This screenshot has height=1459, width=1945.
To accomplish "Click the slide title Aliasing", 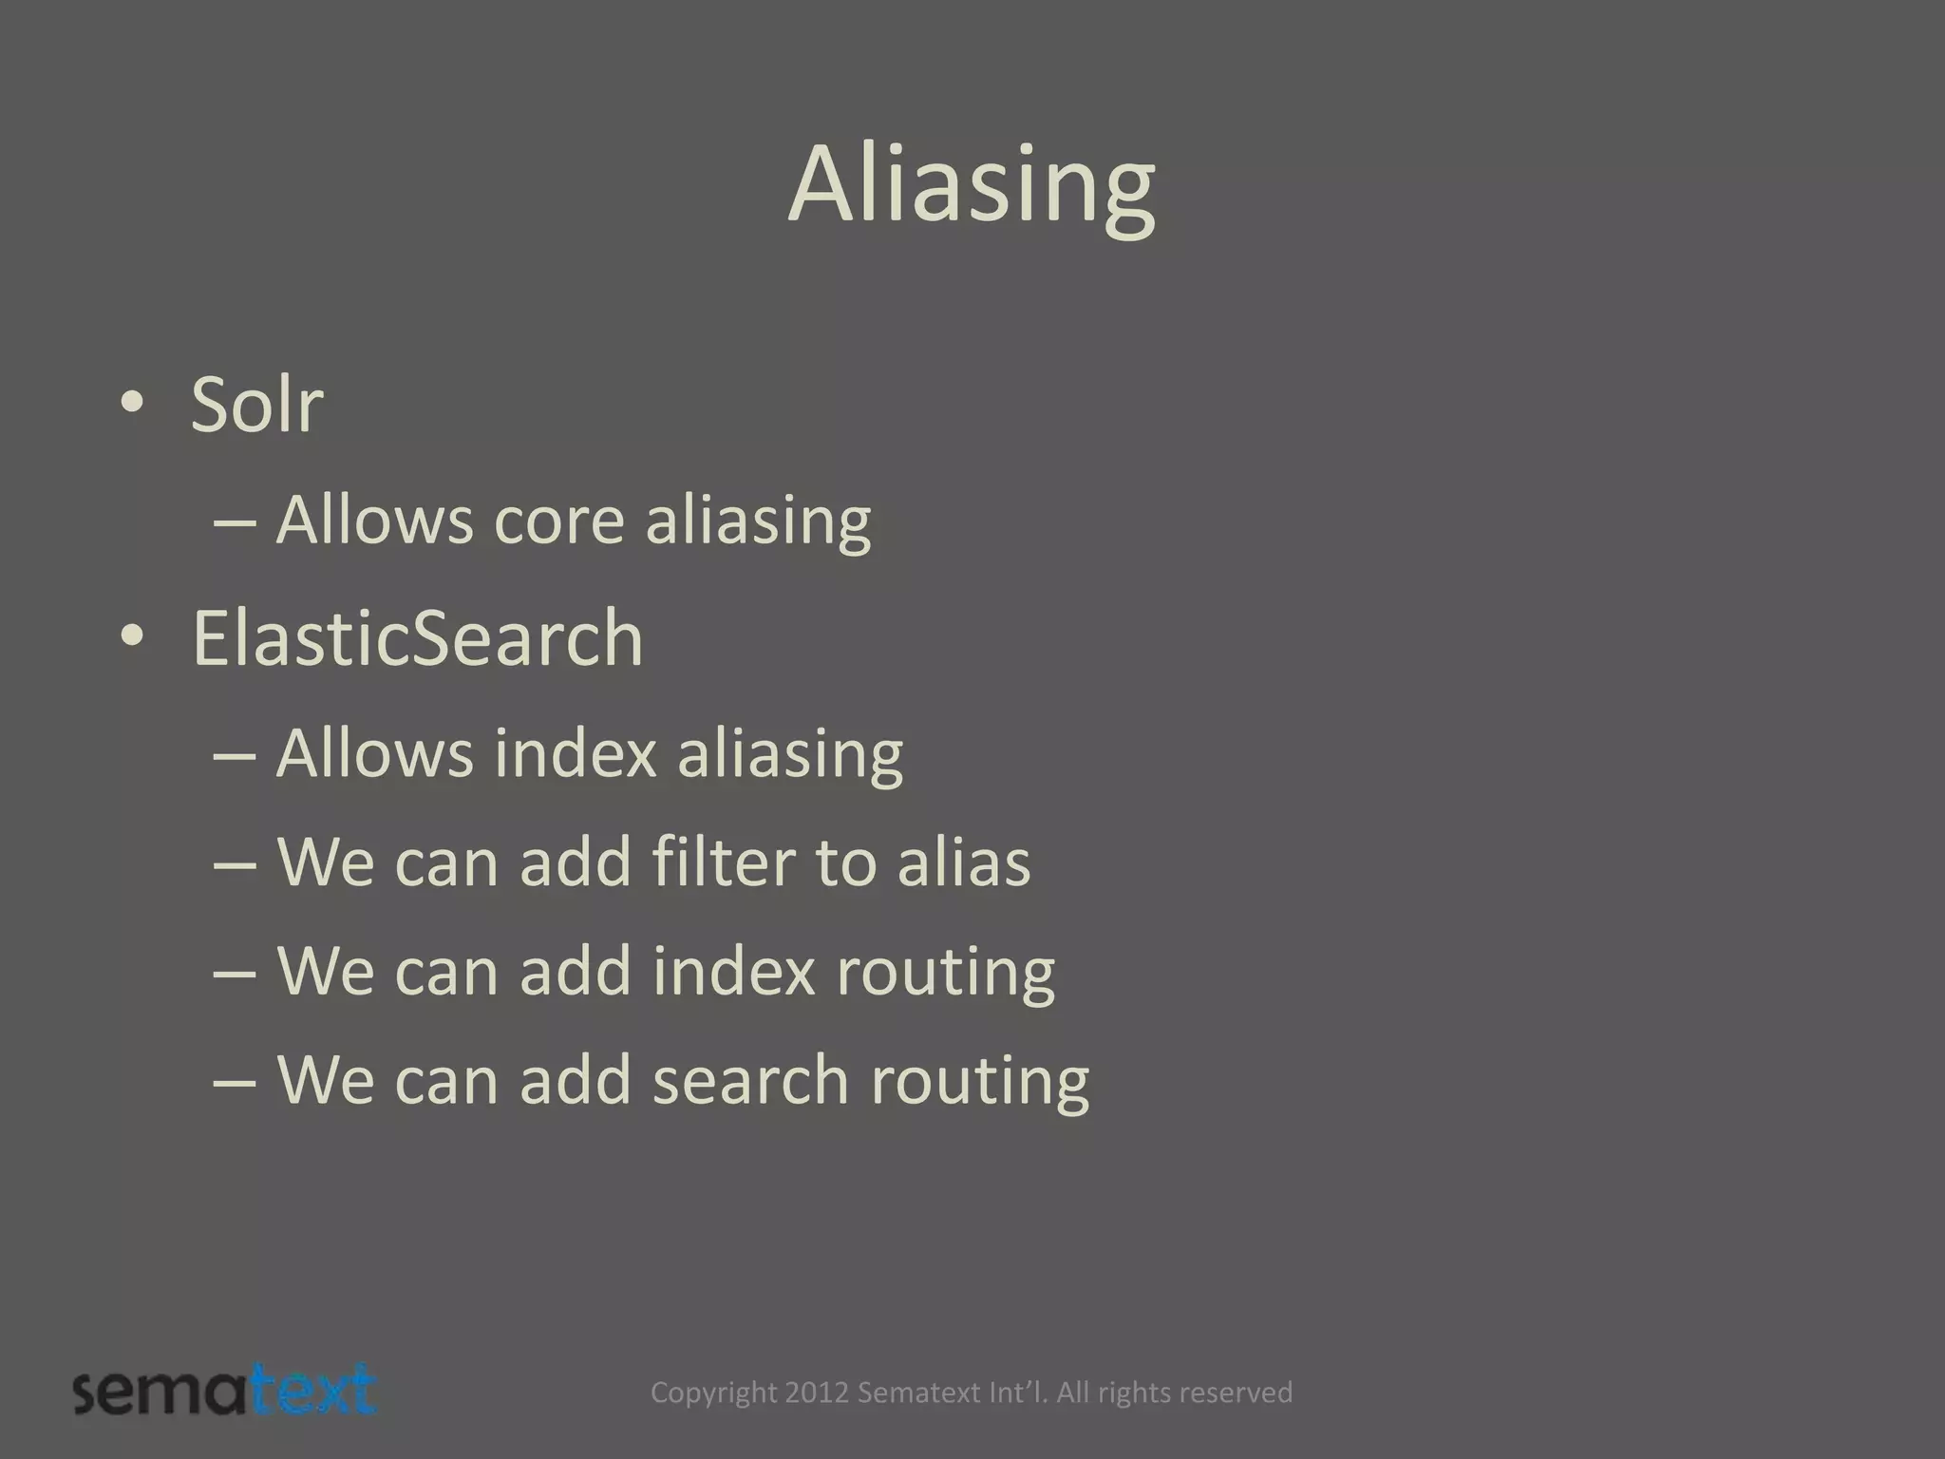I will click(972, 186).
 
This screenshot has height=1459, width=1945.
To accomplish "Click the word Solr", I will click(256, 405).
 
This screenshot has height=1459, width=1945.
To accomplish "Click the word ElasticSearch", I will click(418, 638).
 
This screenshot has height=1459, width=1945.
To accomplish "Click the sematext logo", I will click(225, 1392).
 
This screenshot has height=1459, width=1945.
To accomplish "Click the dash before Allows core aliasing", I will click(235, 523).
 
